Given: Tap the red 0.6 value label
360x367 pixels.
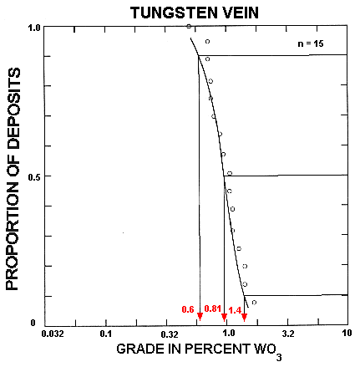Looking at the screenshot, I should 188,310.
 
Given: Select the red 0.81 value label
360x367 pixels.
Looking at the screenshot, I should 212,310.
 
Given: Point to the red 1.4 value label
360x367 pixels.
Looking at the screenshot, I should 235,310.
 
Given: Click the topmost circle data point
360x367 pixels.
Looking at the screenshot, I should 189,27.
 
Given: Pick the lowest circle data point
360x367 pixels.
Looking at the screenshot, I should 254,303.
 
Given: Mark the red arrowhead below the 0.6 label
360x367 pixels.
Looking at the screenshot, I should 200,316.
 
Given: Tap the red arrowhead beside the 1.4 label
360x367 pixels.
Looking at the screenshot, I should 244,316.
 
